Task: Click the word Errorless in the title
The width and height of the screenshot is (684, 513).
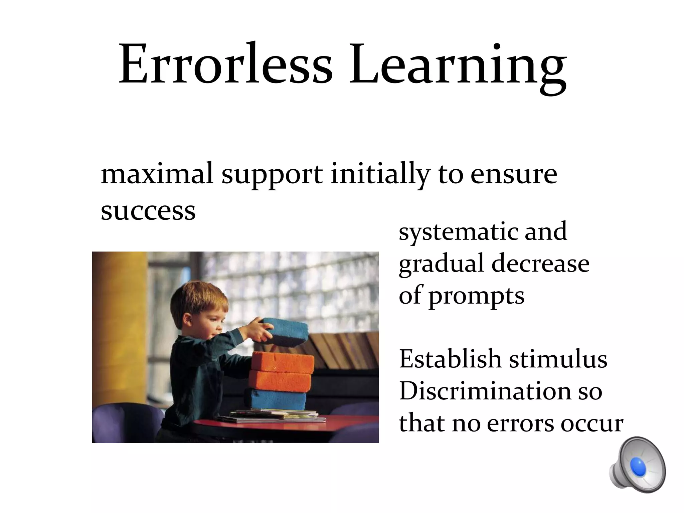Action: (x=226, y=63)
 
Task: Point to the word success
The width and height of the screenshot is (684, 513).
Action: (x=148, y=211)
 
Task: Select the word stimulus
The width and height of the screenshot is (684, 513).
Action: (x=558, y=359)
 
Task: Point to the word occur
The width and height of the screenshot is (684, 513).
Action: (x=591, y=423)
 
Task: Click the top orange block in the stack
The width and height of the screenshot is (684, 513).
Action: (x=283, y=362)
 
